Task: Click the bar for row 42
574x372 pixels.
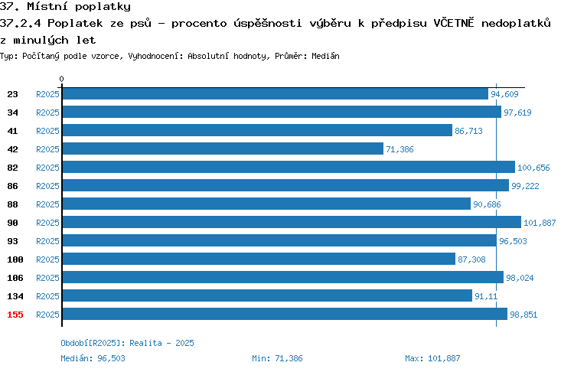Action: [x=223, y=148]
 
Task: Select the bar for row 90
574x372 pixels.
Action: [x=292, y=222]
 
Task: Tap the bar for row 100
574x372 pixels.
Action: [x=259, y=259]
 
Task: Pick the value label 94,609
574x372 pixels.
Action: [x=504, y=94]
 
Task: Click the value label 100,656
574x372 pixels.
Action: [x=533, y=168]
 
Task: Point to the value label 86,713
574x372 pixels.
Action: [x=468, y=131]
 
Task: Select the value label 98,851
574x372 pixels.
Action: [x=523, y=315]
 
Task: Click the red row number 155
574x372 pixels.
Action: [x=15, y=315]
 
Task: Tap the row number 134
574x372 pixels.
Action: [x=15, y=296]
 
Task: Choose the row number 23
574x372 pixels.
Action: [x=12, y=94]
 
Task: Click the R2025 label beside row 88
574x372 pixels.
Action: [x=47, y=204]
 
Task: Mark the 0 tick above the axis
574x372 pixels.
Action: [x=61, y=79]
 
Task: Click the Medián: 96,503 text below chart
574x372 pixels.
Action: [x=93, y=358]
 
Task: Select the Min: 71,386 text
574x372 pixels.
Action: [x=277, y=358]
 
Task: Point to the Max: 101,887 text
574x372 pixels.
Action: [x=432, y=358]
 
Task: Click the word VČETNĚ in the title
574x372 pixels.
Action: [x=454, y=23]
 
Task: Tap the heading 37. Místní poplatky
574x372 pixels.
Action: [x=65, y=7]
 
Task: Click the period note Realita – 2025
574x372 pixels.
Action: [x=161, y=343]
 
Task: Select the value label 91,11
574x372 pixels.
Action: [x=486, y=296]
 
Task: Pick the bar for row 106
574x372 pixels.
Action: [x=283, y=277]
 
